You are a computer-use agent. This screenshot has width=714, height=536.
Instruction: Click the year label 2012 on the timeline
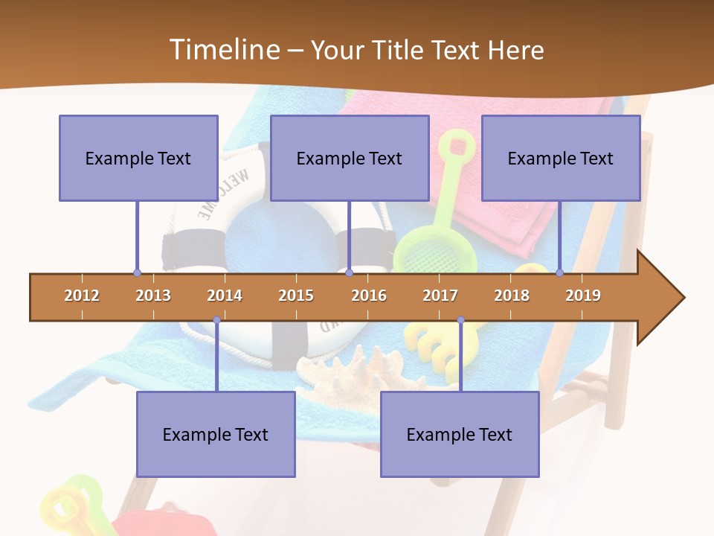pyautogui.click(x=82, y=296)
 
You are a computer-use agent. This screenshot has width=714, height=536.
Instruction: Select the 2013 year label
pyautogui.click(x=153, y=296)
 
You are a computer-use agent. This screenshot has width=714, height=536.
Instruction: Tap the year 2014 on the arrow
pyautogui.click(x=225, y=296)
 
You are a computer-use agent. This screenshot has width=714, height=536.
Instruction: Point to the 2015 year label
pyautogui.click(x=296, y=296)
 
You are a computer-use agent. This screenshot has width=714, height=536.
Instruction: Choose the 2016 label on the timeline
pyautogui.click(x=369, y=296)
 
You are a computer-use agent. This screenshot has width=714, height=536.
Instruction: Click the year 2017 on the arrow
pyautogui.click(x=440, y=296)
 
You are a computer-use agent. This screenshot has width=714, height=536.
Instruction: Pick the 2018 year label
pyautogui.click(x=512, y=296)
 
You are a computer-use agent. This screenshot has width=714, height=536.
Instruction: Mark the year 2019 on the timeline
pyautogui.click(x=583, y=296)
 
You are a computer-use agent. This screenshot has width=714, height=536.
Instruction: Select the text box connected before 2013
pyautogui.click(x=138, y=158)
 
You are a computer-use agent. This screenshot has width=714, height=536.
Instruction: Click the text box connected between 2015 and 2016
pyautogui.click(x=350, y=158)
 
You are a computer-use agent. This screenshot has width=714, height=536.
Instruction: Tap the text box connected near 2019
pyautogui.click(x=561, y=158)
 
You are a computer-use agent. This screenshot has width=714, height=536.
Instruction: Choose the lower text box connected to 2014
pyautogui.click(x=216, y=434)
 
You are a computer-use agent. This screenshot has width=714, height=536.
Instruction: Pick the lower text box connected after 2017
pyautogui.click(x=460, y=434)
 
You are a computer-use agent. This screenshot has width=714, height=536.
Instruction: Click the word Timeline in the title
pyautogui.click(x=223, y=50)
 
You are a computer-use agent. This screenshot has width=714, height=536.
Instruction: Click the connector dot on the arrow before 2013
pyautogui.click(x=137, y=273)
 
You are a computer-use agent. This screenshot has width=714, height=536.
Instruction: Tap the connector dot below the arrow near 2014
pyautogui.click(x=216, y=320)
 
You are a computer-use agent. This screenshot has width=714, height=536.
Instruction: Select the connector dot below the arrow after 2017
pyautogui.click(x=460, y=320)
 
